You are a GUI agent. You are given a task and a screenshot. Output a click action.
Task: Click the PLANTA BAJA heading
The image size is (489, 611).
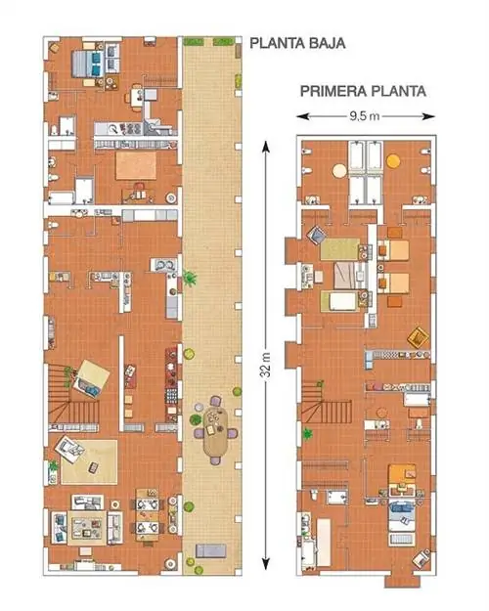(297, 43)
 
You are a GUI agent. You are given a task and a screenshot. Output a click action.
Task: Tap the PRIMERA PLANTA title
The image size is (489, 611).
(363, 91)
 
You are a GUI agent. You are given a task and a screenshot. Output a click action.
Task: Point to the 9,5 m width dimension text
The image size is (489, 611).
(364, 116)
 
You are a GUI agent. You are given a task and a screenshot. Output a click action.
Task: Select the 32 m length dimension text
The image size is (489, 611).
(265, 365)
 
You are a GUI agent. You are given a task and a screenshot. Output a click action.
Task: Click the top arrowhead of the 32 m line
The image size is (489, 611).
(266, 146)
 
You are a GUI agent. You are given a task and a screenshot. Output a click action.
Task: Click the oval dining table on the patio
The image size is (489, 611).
(215, 432)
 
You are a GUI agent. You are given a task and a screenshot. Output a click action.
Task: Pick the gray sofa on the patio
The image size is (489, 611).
(210, 550)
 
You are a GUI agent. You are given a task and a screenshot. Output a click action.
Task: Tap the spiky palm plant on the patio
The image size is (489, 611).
(190, 279)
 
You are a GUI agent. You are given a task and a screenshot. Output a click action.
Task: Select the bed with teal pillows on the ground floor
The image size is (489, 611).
(88, 64)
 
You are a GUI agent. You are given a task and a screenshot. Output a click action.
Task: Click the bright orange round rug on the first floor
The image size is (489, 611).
(393, 161)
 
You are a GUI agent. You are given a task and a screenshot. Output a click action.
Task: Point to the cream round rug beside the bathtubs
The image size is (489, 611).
(339, 171)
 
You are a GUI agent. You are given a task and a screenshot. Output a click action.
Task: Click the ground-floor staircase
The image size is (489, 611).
(72, 396)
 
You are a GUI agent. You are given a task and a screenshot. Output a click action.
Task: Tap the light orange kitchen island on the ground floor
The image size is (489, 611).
(136, 165)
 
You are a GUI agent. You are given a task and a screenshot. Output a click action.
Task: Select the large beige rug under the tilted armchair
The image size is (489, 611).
(89, 461)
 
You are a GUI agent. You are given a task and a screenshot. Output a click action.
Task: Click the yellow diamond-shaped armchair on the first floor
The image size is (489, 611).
(418, 337)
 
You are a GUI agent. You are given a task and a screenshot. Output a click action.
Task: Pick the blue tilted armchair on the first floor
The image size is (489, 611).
(318, 236)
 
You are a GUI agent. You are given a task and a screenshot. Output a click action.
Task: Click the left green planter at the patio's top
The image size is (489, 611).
(194, 41)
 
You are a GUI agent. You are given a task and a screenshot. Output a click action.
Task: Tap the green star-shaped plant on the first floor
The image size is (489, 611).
(307, 433)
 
